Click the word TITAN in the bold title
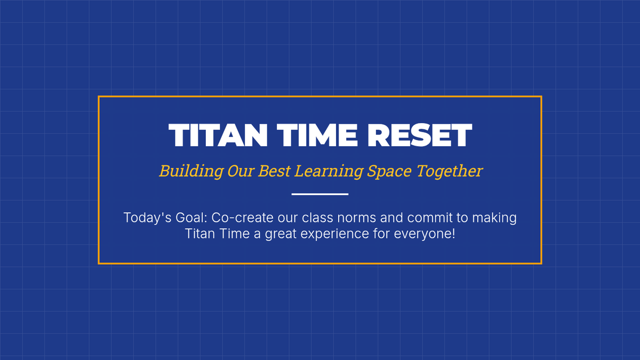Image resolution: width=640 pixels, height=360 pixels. (218, 135)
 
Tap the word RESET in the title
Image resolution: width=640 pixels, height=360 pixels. (419, 135)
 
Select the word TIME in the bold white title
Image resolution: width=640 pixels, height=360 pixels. (317, 135)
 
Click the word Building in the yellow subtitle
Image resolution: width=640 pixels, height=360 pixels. (191, 171)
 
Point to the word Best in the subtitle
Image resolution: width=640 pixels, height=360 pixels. (274, 171)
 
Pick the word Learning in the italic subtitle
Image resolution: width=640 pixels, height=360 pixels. (329, 171)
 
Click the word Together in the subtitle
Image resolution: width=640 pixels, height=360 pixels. (449, 171)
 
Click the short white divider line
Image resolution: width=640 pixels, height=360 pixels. (320, 194)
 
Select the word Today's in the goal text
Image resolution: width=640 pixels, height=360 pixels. (147, 218)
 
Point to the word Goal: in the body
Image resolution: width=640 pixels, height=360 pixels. (191, 218)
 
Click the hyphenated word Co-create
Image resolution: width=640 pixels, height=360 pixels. (242, 218)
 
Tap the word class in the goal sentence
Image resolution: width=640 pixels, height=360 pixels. (317, 218)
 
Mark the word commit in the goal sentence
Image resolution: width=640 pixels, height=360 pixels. (430, 218)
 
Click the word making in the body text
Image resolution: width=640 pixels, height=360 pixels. (494, 218)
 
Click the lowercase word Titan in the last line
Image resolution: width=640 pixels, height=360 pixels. (200, 234)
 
